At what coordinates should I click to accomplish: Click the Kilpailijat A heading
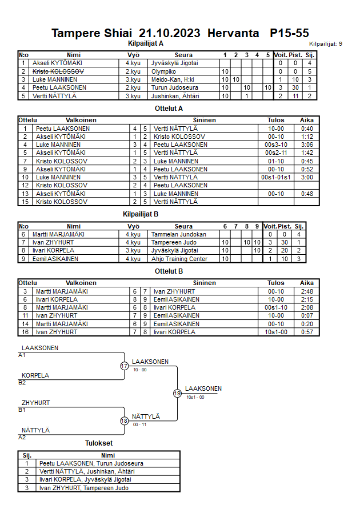[x=146, y=43]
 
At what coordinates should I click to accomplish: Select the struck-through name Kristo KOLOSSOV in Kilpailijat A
[x=58, y=71]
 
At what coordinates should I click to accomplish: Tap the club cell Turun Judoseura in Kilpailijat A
[x=175, y=87]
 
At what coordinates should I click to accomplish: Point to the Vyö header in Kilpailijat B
[x=134, y=226]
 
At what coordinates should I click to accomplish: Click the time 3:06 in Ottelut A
[x=307, y=145]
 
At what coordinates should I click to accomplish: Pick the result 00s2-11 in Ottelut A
[x=276, y=153]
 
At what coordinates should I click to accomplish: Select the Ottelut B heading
[x=169, y=271]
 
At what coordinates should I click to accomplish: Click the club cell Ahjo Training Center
[x=179, y=259]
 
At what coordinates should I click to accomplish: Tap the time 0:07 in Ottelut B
[x=307, y=315]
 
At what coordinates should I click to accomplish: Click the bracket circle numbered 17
[x=124, y=366]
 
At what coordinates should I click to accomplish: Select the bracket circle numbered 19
[x=177, y=393]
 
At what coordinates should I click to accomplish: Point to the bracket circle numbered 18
[x=124, y=421]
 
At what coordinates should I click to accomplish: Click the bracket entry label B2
[x=22, y=382]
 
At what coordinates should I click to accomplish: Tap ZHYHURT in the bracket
[x=36, y=403]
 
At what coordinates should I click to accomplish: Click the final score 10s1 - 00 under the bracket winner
[x=195, y=397]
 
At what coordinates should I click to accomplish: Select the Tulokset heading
[x=99, y=443]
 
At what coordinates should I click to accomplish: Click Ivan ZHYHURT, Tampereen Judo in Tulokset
[x=84, y=488]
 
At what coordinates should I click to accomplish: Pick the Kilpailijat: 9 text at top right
[x=326, y=43]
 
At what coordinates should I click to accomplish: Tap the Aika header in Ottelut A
[x=307, y=121]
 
